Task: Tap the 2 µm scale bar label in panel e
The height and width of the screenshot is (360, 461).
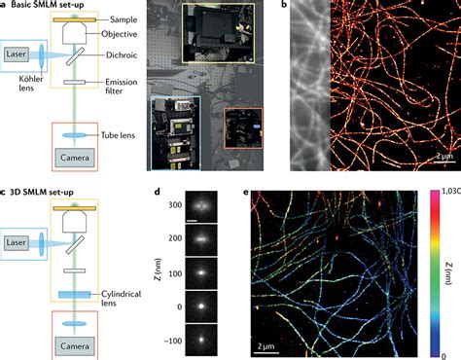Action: point(268,344)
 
